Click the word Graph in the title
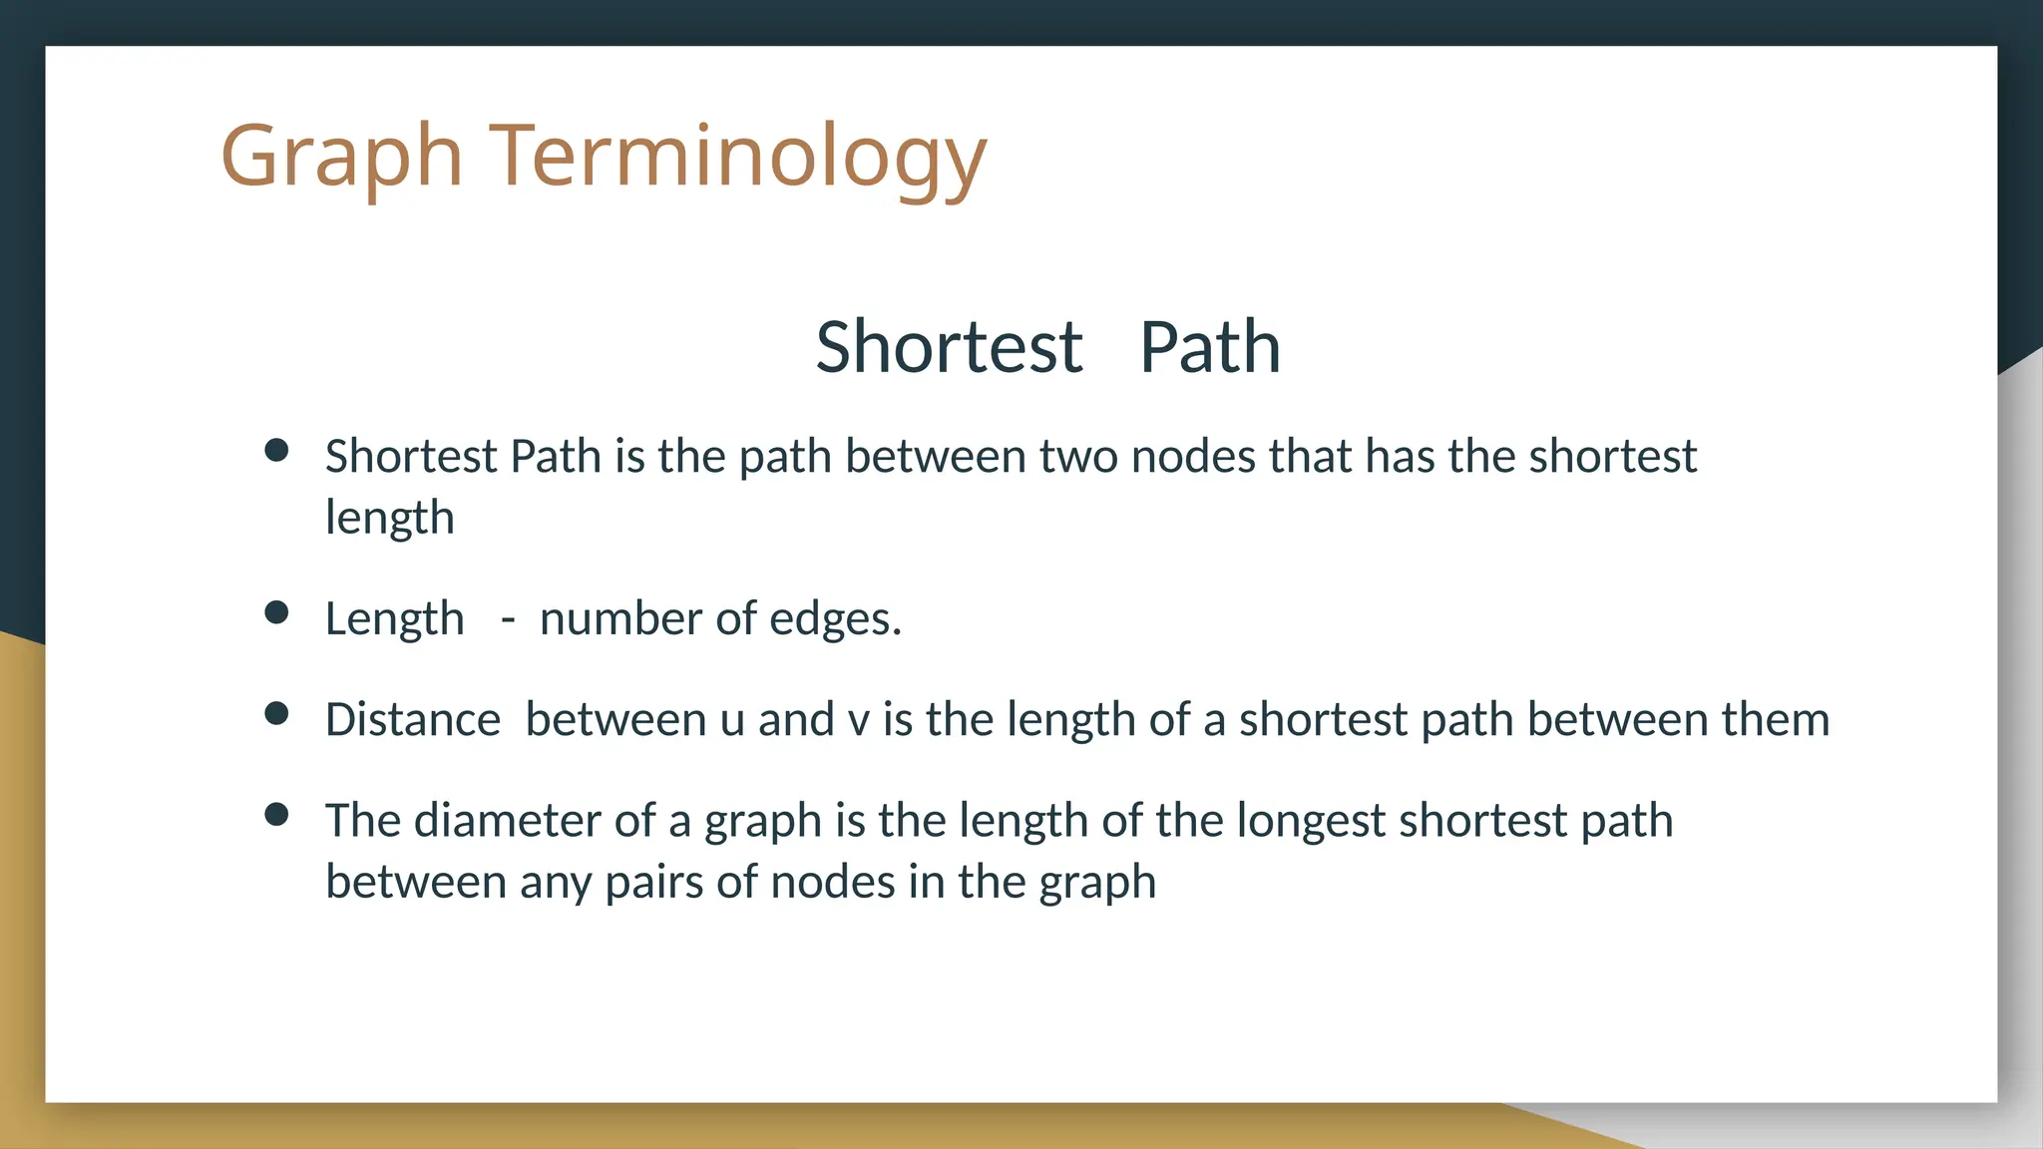[x=341, y=157]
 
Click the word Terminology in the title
[x=738, y=157]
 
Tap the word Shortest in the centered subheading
[x=949, y=347]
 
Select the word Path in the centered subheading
[x=1209, y=347]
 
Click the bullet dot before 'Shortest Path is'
[x=276, y=451]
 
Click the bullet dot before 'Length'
[x=276, y=612]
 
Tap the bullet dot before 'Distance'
[x=276, y=713]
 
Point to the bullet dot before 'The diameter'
[x=276, y=815]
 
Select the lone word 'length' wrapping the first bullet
[x=390, y=519]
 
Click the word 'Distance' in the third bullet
[x=413, y=720]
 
